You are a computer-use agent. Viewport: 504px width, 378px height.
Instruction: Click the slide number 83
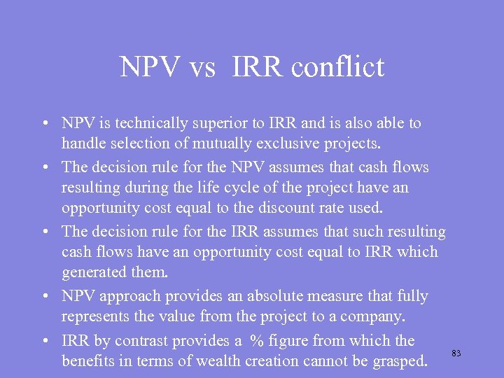tap(456, 353)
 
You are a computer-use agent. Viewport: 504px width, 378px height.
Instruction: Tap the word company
tap(374, 317)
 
